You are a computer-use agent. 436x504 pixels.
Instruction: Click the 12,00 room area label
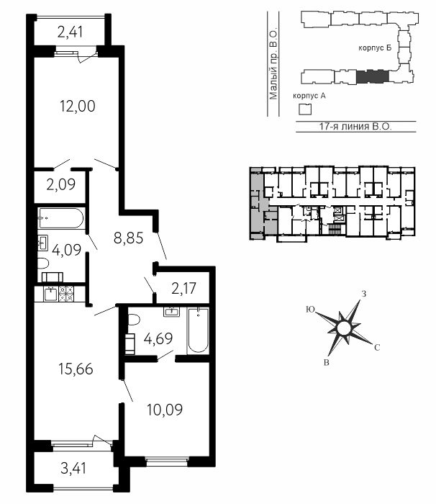78,106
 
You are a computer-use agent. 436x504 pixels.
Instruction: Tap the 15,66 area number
76,369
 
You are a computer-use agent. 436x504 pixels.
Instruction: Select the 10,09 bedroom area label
165,410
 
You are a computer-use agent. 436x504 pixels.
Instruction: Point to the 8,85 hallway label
129,238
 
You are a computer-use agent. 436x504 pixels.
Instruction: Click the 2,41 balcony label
71,32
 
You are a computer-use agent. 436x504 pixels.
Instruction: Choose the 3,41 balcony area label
73,468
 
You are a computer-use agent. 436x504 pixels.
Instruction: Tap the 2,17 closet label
183,288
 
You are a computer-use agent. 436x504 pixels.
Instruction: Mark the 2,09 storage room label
61,184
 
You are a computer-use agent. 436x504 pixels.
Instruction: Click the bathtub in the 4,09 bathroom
61,218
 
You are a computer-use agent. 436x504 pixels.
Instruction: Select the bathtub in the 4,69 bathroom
198,330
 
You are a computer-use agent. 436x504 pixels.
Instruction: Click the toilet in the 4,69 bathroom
133,320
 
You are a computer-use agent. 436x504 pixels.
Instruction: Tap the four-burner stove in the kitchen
66,294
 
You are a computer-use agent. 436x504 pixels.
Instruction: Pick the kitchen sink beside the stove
51,294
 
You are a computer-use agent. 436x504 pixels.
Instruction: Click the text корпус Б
375,48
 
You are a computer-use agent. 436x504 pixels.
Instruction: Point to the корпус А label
309,96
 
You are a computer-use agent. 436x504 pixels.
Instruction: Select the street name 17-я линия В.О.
355,126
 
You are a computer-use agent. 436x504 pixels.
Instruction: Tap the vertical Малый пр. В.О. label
273,65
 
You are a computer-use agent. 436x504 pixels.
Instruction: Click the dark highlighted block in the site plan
373,76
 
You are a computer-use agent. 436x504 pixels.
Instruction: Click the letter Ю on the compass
310,309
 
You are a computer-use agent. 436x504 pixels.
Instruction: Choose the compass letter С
377,348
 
